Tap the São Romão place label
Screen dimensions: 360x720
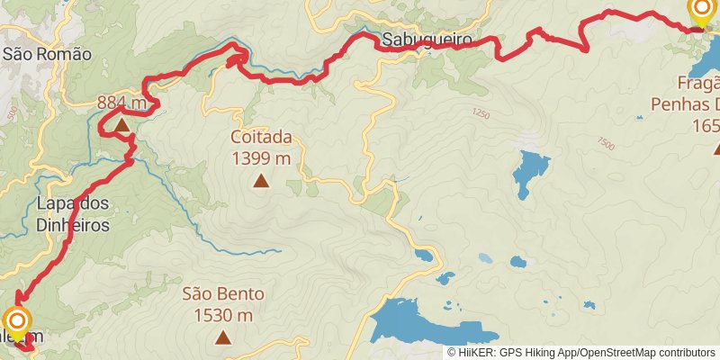47,54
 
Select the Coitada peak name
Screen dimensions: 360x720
261,138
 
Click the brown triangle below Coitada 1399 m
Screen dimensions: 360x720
261,181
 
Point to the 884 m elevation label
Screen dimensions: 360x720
121,103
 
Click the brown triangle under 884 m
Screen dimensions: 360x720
121,124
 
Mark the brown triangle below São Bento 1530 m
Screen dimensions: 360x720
223,337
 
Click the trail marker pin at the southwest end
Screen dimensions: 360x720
17,322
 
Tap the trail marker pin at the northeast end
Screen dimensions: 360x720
702,11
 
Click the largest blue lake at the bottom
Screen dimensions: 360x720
409,321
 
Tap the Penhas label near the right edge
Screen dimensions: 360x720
684,104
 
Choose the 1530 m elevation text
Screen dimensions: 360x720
223,315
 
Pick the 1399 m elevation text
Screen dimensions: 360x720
261,159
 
